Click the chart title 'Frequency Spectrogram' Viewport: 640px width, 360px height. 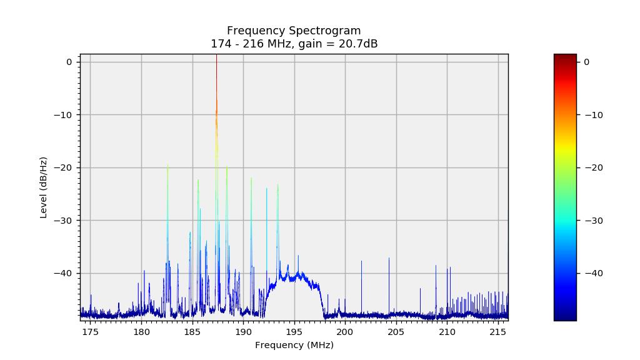point(294,31)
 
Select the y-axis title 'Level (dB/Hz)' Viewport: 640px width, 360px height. point(44,187)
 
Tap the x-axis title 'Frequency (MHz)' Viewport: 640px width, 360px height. point(294,345)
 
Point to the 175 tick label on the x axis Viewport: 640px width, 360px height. point(91,331)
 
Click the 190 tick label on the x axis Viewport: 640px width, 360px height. point(243,331)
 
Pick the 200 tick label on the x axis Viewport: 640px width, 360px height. point(345,331)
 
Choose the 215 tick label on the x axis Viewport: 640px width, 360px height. point(498,331)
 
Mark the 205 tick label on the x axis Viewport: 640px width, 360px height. point(396,331)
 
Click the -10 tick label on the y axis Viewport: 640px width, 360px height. point(64,114)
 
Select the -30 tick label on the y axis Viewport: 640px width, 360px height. point(64,221)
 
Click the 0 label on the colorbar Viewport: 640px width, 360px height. point(587,62)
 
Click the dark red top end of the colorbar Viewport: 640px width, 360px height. point(565,57)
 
